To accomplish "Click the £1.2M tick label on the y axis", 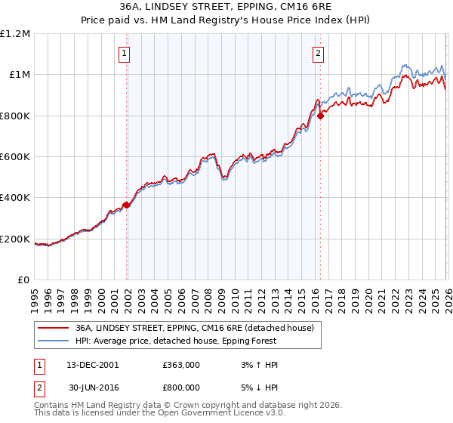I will coord(15,33).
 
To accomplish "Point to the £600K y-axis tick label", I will coord(15,157).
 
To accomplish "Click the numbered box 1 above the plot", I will coord(123,53).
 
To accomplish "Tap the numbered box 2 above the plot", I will coord(318,53).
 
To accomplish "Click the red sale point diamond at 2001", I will coord(126,205).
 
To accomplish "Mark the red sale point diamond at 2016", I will coord(321,116).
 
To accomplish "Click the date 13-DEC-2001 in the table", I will coord(91,365).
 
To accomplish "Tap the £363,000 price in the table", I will coord(181,365).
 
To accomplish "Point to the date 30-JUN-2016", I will coord(91,387).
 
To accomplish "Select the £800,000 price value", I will coord(181,387).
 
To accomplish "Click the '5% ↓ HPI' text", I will coord(257,387).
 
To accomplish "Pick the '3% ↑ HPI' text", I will coord(257,365).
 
